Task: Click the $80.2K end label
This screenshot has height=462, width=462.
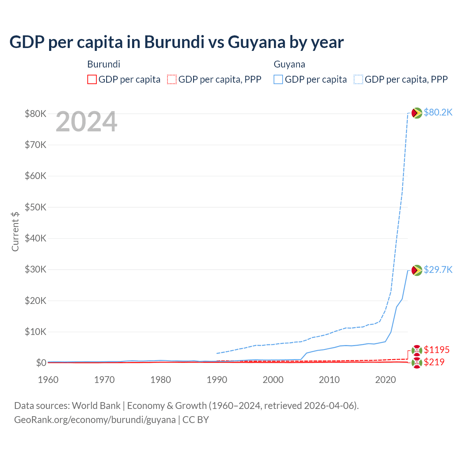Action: coord(438,112)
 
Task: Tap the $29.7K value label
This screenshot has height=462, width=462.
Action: coord(438,270)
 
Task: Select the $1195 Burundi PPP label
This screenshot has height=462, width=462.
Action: coord(436,350)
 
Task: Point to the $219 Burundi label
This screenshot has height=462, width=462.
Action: coord(434,362)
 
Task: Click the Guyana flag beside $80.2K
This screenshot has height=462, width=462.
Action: coord(417,113)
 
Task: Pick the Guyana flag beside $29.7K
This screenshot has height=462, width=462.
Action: coord(417,270)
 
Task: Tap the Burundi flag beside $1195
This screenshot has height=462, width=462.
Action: coord(417,350)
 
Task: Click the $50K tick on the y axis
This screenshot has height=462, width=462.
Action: coord(35,207)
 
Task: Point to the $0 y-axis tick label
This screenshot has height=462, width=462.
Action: coord(41,363)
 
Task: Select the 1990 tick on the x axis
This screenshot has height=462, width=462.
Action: coord(217,380)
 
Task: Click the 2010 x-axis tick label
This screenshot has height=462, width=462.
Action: coord(329,380)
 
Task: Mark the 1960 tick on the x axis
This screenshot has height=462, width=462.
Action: coord(48,380)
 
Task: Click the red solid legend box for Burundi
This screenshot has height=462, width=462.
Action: coord(92,79)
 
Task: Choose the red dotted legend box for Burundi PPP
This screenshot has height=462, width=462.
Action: coord(172,79)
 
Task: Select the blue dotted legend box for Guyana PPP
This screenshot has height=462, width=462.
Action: coord(358,79)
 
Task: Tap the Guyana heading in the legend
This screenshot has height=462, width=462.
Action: coord(289,64)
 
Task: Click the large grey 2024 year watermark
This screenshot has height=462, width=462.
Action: coord(86,122)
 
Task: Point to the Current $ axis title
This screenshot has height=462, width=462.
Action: coord(15,231)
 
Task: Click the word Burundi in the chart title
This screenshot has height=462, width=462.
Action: coord(174,42)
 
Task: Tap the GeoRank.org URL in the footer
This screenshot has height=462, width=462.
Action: coord(95,420)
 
